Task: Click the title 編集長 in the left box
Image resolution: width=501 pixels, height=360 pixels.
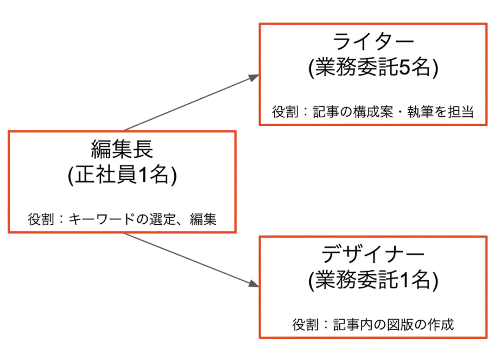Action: tap(122, 149)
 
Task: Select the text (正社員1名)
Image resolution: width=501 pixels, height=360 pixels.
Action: tap(122, 175)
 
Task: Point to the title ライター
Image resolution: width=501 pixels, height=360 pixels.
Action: tap(373, 42)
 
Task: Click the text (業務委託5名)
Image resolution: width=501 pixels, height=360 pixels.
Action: tap(373, 67)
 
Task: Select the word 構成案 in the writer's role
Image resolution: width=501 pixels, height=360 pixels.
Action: tap(373, 112)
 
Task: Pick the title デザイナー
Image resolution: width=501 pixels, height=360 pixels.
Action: tap(373, 254)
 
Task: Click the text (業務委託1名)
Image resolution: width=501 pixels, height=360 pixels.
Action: tap(373, 280)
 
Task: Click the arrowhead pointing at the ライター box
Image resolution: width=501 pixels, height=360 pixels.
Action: tap(254, 77)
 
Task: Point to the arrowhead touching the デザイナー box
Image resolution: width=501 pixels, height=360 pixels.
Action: tap(253, 283)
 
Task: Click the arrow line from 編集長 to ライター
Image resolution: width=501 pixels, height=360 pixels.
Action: tap(192, 103)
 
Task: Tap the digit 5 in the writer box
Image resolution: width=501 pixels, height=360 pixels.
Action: tap(404, 67)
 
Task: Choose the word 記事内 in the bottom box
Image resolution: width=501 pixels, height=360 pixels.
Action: tap(353, 325)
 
